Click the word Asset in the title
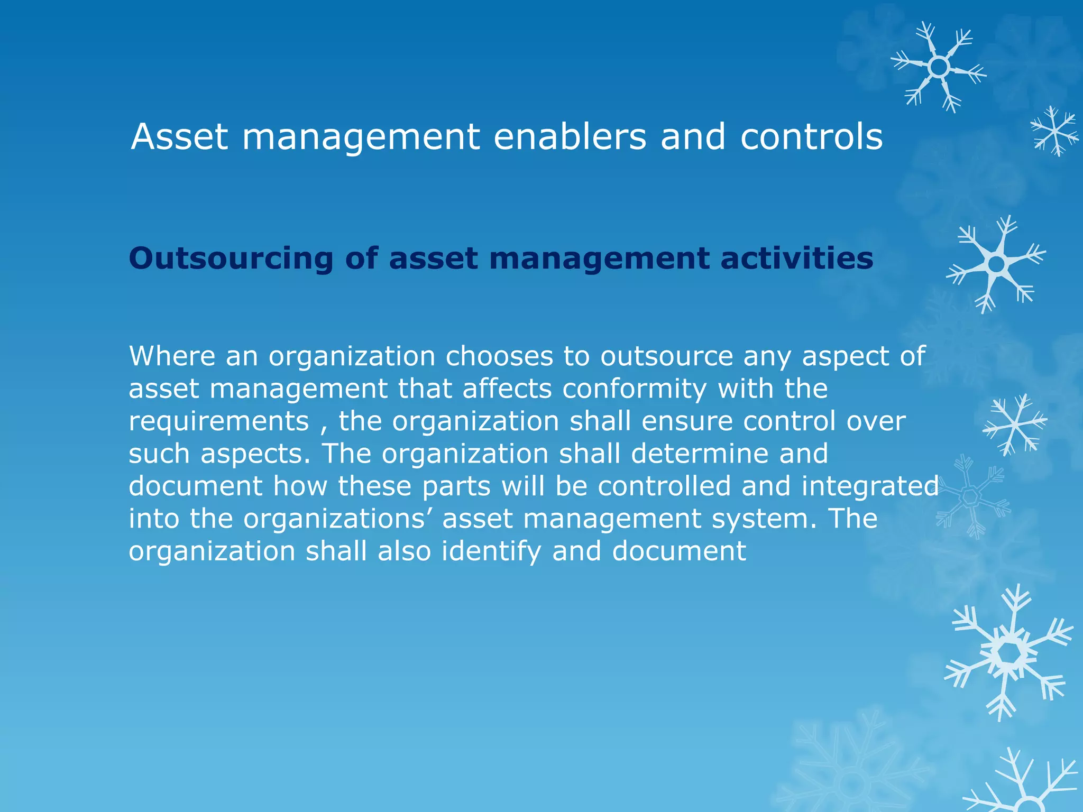point(179,137)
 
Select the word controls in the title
point(811,137)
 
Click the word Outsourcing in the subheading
point(231,259)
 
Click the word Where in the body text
point(172,356)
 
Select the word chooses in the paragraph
point(499,357)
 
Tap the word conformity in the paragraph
point(634,389)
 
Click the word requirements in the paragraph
point(218,422)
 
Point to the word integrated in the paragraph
point(870,486)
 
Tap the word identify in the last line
point(491,551)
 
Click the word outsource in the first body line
point(666,357)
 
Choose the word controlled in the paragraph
point(664,486)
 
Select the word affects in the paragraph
point(507,389)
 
